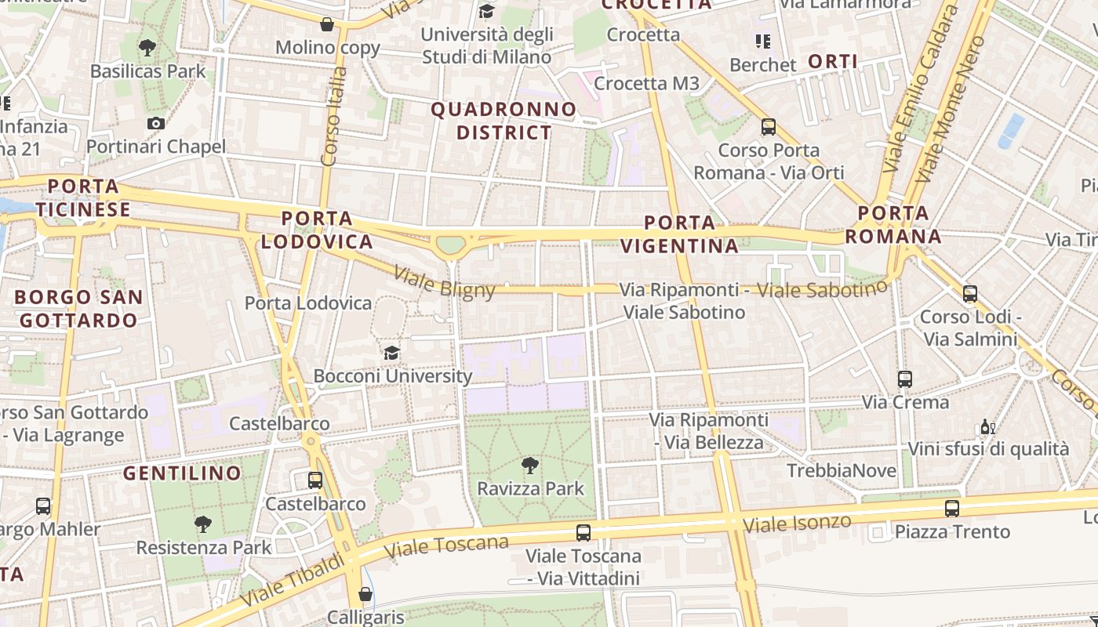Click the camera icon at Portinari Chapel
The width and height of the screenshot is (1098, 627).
click(155, 123)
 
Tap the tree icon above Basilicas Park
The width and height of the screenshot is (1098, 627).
click(147, 48)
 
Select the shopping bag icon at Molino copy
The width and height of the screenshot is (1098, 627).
click(327, 24)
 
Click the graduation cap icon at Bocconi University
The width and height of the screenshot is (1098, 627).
click(391, 353)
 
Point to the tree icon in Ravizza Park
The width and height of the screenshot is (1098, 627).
click(530, 465)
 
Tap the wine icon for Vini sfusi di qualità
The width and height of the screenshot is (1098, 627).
click(987, 427)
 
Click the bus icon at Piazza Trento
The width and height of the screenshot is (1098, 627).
click(951, 508)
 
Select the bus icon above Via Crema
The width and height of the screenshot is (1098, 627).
click(905, 379)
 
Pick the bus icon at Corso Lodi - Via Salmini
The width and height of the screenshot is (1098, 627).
click(969, 294)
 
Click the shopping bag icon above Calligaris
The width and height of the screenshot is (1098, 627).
click(365, 594)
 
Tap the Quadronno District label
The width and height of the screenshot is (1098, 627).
click(504, 121)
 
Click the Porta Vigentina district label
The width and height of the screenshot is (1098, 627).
click(679, 234)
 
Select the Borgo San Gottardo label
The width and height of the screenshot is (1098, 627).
click(78, 309)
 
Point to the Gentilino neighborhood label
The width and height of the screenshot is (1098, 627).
click(183, 473)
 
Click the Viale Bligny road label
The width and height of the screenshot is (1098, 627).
click(445, 284)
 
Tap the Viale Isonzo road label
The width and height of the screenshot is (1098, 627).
click(796, 524)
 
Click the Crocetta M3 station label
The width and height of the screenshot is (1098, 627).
click(646, 83)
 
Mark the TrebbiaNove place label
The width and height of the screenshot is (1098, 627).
click(841, 471)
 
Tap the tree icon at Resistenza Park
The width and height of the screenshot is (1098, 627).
click(203, 524)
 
